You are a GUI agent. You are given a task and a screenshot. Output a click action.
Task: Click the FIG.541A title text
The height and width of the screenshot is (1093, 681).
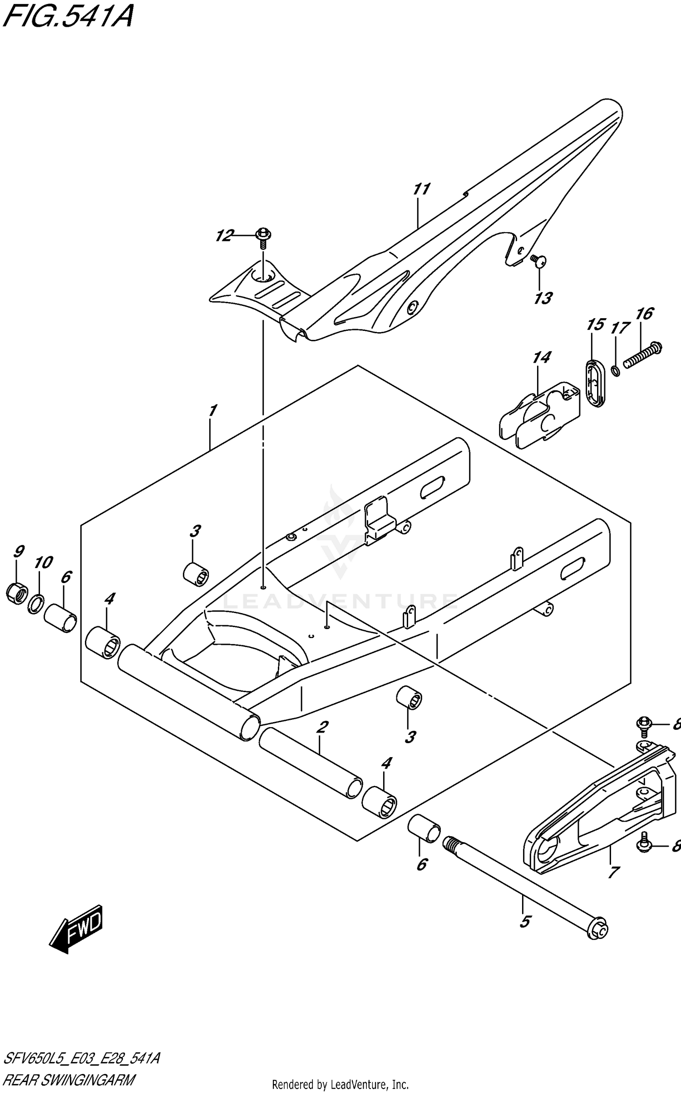[x=68, y=17]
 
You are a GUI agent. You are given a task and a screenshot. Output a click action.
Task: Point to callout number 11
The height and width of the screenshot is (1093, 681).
[x=422, y=189]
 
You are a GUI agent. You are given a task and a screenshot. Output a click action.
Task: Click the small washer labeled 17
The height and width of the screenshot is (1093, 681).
[x=615, y=371]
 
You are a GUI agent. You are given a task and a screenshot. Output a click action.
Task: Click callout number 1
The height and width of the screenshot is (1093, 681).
[x=212, y=411]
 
